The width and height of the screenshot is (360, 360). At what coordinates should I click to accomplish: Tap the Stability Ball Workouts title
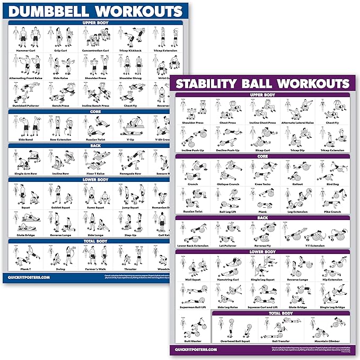[x=262, y=84]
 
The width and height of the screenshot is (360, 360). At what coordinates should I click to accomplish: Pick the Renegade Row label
[x=130, y=173]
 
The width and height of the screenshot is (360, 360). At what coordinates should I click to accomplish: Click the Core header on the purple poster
[x=262, y=156]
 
